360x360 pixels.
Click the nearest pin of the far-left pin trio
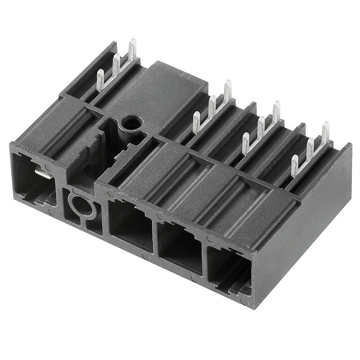[100, 81]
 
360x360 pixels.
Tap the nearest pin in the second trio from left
[196, 122]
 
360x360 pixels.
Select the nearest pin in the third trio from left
[245, 143]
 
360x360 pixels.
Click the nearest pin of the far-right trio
[294, 165]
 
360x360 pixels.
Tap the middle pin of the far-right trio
[310, 149]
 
